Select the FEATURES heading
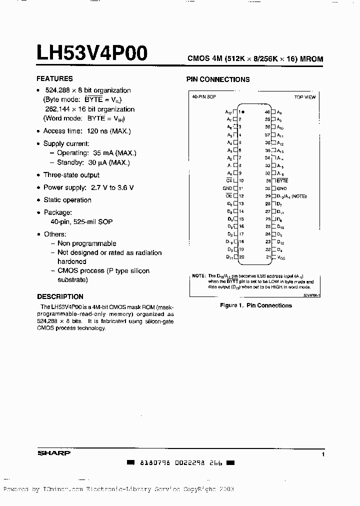54,78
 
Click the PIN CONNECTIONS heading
218,79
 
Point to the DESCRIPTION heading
60,296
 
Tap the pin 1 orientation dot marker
243,111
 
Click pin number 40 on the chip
267,112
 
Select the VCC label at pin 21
281,257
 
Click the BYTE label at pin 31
282,180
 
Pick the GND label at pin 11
227,188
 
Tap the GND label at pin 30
281,188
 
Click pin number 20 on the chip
241,257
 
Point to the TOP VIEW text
305,97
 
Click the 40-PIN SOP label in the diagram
203,96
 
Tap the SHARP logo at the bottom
54,453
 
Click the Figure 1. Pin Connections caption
256,305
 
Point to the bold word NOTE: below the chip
198,276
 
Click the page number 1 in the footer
323,454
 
